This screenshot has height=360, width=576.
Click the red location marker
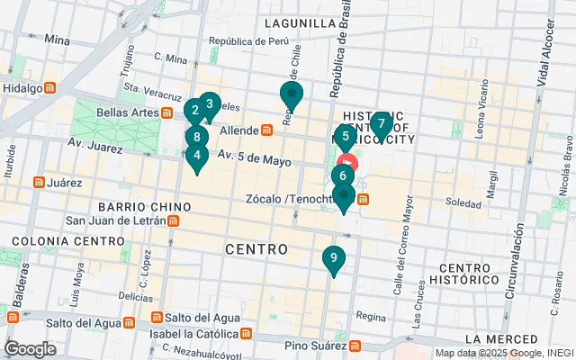tap(348, 165)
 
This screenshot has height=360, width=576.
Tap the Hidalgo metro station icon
tap(51, 88)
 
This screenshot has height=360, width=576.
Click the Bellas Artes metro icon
tap(166, 113)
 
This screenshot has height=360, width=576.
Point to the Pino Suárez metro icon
tap(355, 346)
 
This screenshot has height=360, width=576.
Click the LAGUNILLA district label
tap(299, 23)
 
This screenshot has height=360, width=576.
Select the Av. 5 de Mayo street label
tap(253, 159)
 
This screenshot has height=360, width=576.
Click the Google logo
tap(30, 349)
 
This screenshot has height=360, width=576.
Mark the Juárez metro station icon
tap(38, 183)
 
